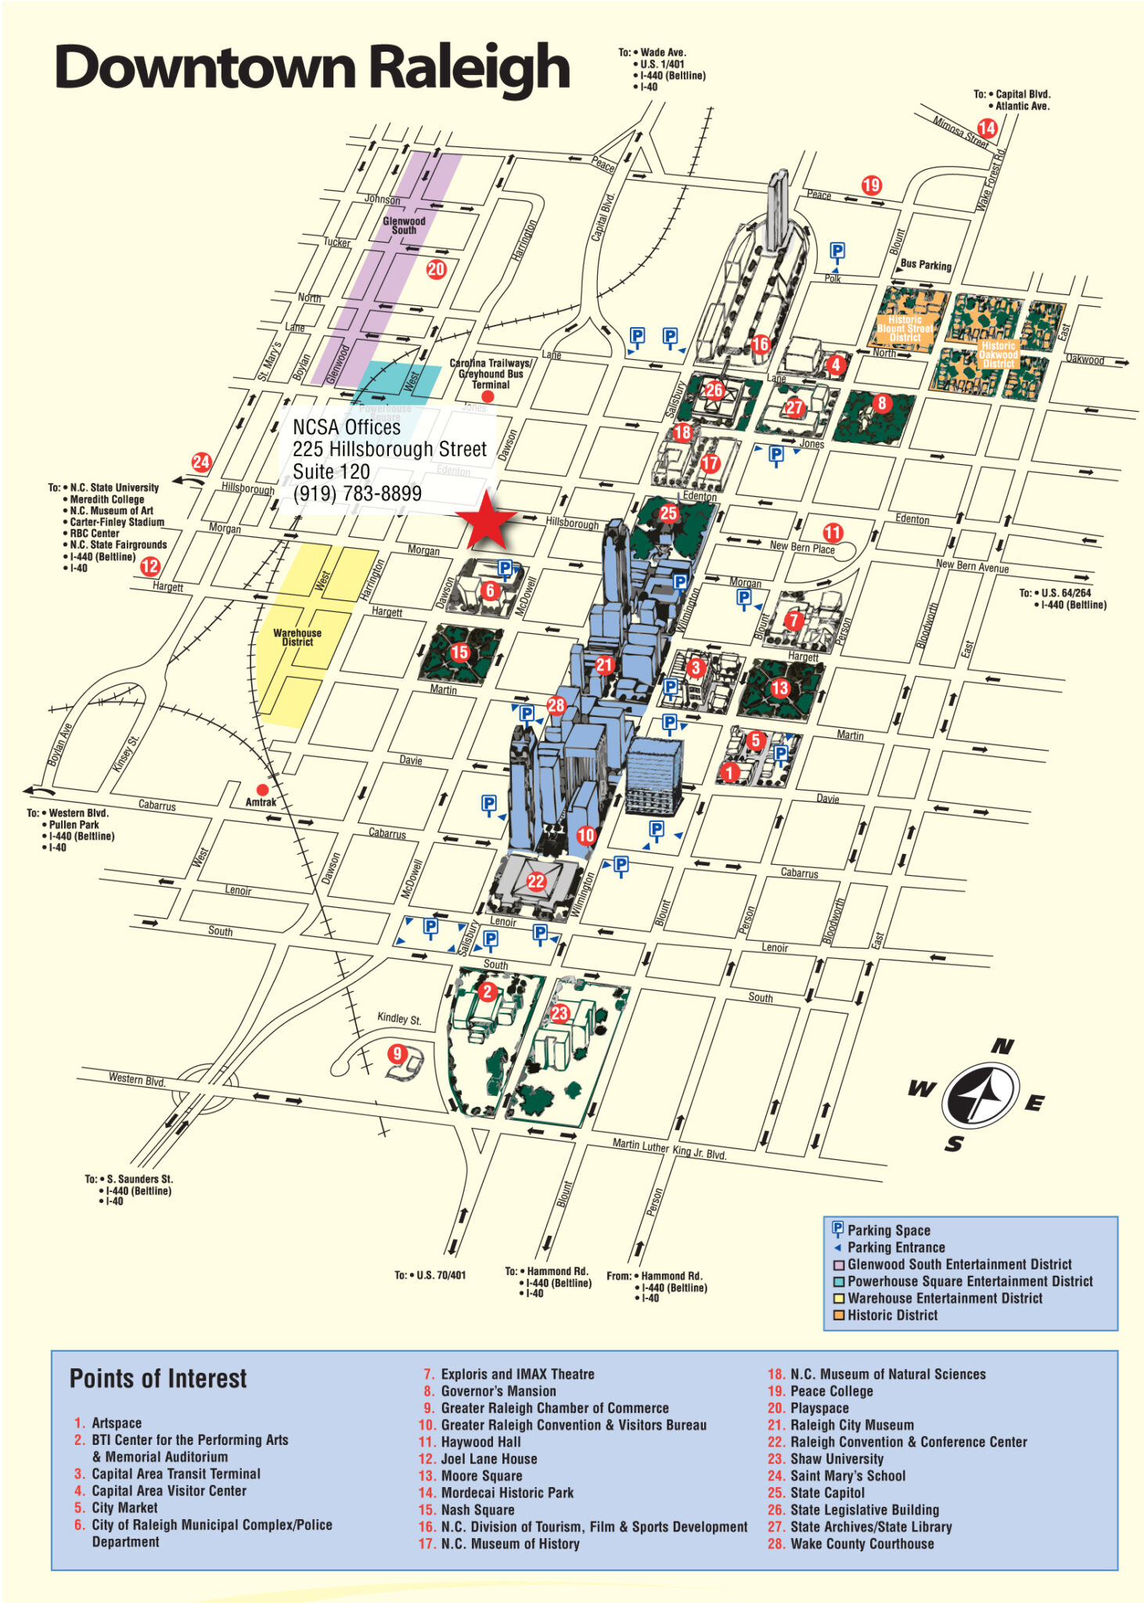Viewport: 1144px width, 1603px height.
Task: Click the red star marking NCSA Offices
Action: pyautogui.click(x=487, y=521)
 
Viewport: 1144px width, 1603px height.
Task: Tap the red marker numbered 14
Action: pyautogui.click(x=987, y=128)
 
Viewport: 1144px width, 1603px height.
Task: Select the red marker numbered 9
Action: pyautogui.click(x=398, y=1054)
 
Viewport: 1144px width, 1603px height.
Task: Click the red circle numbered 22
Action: pyautogui.click(x=536, y=881)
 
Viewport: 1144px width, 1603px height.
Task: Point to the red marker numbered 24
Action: pyautogui.click(x=201, y=461)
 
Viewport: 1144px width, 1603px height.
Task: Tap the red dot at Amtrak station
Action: pyautogui.click(x=262, y=790)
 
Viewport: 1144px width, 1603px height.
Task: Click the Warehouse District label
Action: pyautogui.click(x=297, y=637)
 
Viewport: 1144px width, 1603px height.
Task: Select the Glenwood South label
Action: pyautogui.click(x=404, y=225)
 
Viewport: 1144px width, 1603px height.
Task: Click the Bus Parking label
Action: pyautogui.click(x=926, y=265)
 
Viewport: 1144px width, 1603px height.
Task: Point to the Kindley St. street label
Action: pyautogui.click(x=399, y=1018)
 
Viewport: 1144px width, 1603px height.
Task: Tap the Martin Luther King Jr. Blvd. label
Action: pyautogui.click(x=669, y=1149)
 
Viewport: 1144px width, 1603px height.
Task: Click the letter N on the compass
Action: pyautogui.click(x=1002, y=1046)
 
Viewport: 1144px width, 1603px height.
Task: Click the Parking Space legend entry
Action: pyautogui.click(x=889, y=1230)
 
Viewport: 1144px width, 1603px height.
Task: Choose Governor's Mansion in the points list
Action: pyautogui.click(x=498, y=1391)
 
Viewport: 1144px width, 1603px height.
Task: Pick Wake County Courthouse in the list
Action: pyautogui.click(x=862, y=1544)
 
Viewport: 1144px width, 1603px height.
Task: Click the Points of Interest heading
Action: pyautogui.click(x=158, y=1378)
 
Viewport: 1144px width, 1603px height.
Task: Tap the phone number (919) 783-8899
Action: pyautogui.click(x=357, y=494)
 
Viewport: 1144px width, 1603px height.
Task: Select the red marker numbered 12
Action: pyautogui.click(x=149, y=566)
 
